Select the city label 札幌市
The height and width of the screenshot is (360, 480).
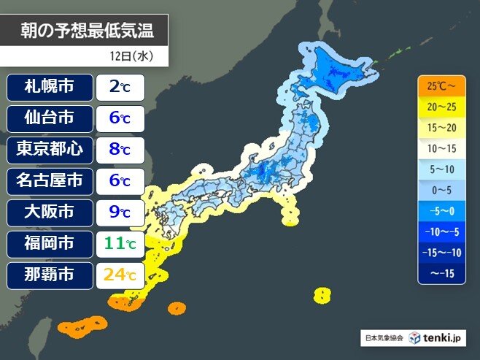tap(50, 88)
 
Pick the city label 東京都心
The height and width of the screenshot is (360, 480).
tap(50, 150)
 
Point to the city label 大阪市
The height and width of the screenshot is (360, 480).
tap(50, 213)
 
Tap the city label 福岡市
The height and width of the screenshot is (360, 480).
tap(50, 245)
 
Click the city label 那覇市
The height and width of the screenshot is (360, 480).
tap(50, 276)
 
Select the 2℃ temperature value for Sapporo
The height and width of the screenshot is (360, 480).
tap(120, 88)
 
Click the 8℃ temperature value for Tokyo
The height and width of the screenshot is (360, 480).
tap(120, 150)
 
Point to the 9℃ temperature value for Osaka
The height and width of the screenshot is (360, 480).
tap(120, 213)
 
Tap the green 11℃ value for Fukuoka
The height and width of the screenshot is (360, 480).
tap(120, 245)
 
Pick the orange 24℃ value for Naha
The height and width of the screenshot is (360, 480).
tap(120, 276)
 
